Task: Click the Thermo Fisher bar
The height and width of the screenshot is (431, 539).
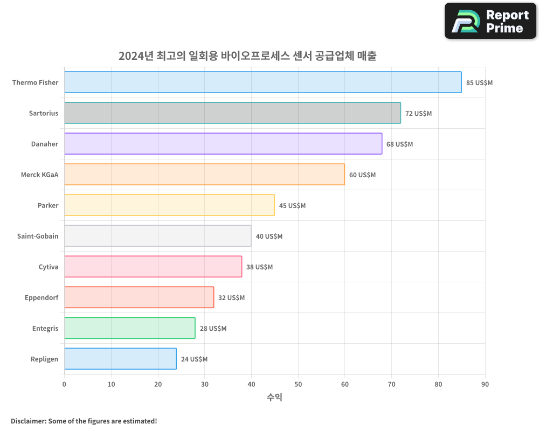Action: tap(262, 82)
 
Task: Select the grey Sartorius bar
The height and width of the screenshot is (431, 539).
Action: tap(232, 113)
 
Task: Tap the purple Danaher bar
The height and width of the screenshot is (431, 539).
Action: tap(223, 144)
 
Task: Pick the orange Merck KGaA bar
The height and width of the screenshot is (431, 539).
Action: tap(204, 175)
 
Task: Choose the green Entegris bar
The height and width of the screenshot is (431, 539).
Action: tap(129, 328)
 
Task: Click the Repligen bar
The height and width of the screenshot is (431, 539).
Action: tap(120, 359)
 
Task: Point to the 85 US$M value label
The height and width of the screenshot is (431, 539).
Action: tap(479, 83)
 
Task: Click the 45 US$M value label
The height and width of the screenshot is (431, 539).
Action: tap(292, 206)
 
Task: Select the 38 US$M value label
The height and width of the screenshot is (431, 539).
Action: tap(259, 267)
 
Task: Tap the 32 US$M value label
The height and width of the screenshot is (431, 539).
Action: tap(231, 298)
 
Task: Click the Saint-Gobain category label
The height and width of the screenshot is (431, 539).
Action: tap(38, 236)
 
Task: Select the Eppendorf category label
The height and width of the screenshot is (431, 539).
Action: tap(42, 297)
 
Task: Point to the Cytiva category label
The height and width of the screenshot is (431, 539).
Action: tap(49, 267)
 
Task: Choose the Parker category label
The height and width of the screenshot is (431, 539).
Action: tap(48, 205)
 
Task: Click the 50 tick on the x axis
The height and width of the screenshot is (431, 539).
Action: tap(298, 384)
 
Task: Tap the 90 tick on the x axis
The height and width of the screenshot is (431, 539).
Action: tap(485, 384)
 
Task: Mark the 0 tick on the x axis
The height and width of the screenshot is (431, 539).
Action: tap(64, 384)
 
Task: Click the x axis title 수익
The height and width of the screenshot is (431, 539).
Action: tap(274, 398)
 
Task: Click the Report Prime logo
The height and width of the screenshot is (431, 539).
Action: tap(490, 21)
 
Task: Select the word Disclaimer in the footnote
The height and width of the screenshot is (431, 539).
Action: tap(27, 421)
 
